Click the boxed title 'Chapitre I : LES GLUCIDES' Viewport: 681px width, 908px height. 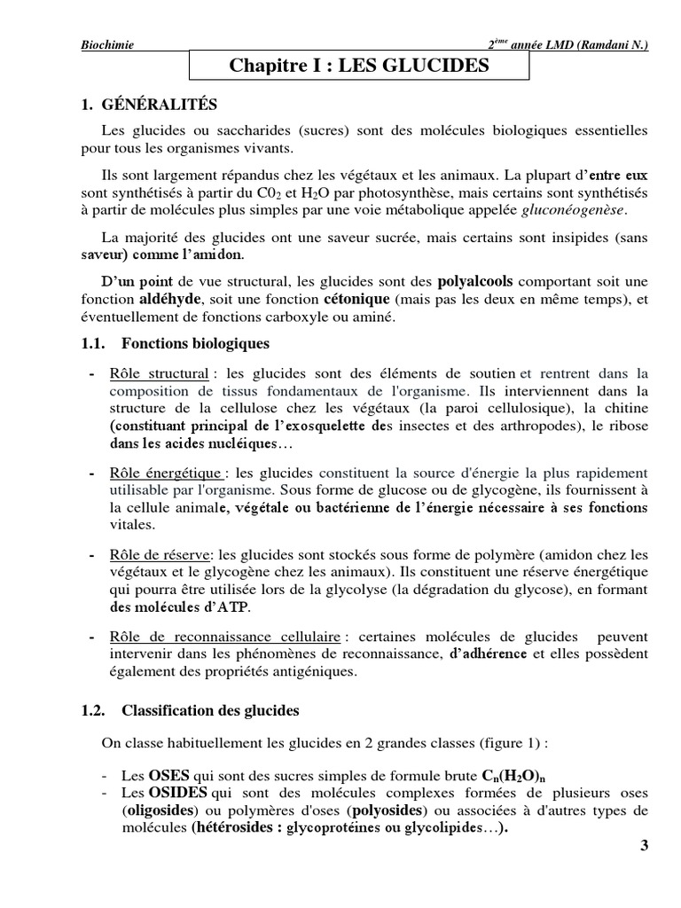(359, 65)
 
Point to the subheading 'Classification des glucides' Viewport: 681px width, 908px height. (210, 710)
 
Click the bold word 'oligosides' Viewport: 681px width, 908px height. (153, 810)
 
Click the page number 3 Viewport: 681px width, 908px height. (644, 846)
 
